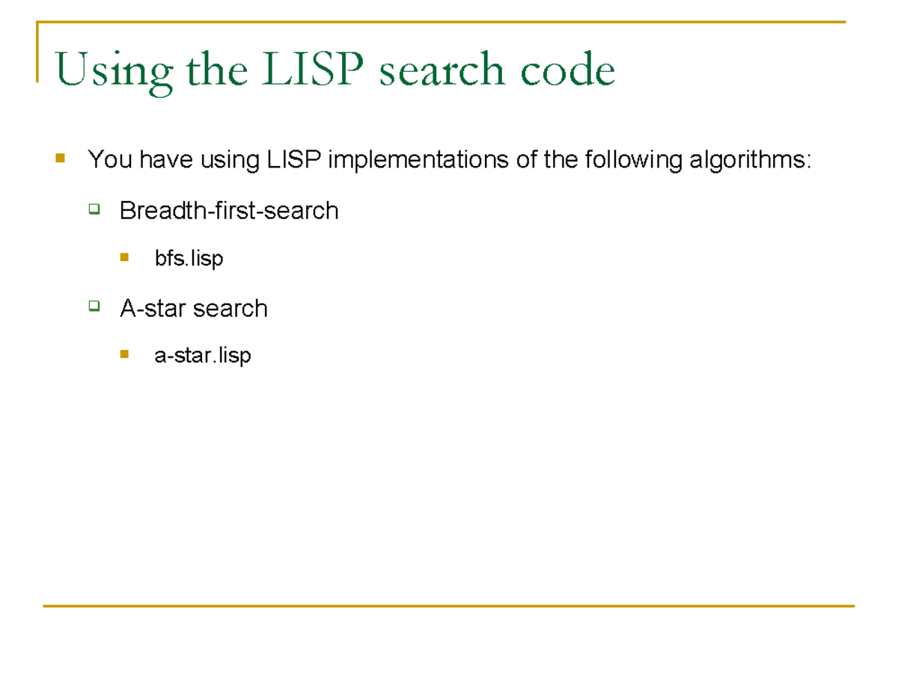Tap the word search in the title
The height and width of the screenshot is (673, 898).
[x=441, y=71]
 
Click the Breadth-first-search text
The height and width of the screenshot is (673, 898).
[x=229, y=211]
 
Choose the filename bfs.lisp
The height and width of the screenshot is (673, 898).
[x=189, y=259]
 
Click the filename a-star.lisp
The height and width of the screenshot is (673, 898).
[x=202, y=356]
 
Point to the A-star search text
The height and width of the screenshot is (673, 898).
[x=193, y=308]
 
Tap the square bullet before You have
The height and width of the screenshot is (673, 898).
[x=60, y=159]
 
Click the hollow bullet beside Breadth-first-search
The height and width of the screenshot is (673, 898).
[x=94, y=209]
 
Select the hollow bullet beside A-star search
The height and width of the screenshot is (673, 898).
[x=94, y=306]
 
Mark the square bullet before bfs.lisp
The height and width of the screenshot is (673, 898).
[x=124, y=258]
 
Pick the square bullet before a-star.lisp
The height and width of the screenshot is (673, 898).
[x=124, y=354]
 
